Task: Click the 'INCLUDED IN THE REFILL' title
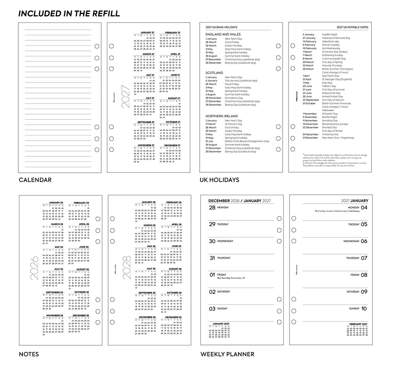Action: point(69,14)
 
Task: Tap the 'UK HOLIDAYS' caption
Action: point(219,180)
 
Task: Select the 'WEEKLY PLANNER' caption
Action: point(227,354)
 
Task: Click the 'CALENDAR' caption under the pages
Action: point(35,180)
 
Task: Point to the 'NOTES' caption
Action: point(29,354)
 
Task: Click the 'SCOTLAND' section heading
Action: point(214,73)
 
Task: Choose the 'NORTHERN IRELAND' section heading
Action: point(222,116)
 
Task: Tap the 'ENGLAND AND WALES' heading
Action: point(223,35)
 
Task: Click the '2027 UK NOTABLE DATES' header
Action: point(352,27)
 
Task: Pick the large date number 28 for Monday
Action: point(212,208)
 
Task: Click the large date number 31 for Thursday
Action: point(212,258)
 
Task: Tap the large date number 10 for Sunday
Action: point(364,309)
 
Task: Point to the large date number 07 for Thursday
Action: point(364,258)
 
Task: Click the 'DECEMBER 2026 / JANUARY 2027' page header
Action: point(240,201)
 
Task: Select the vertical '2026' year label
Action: point(35,268)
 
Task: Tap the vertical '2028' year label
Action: point(126,268)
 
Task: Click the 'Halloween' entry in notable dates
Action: point(328,110)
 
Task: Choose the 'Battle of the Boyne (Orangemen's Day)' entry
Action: point(247,141)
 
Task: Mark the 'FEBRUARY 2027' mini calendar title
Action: point(358,324)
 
